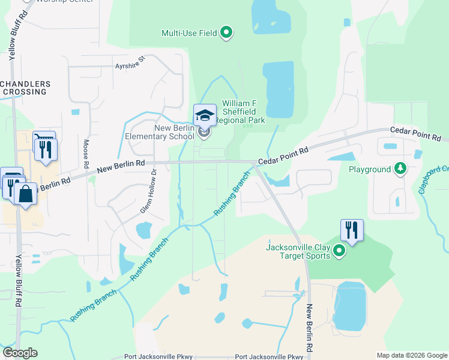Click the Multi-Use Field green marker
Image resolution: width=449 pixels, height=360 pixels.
226,32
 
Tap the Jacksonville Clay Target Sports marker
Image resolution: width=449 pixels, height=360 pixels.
339,251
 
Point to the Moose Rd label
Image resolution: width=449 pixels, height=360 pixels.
86,153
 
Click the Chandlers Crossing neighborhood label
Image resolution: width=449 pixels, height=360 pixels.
25,88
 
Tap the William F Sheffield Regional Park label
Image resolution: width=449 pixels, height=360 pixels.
243,112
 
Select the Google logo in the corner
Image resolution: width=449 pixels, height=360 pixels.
20,353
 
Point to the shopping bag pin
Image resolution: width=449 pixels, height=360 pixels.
25,194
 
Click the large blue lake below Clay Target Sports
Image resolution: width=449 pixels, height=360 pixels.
349,306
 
